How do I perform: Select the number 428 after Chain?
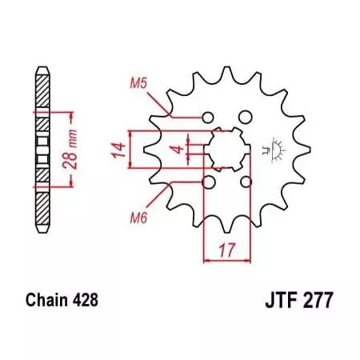click(x=84, y=302)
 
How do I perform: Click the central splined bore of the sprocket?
click(x=225, y=149)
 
